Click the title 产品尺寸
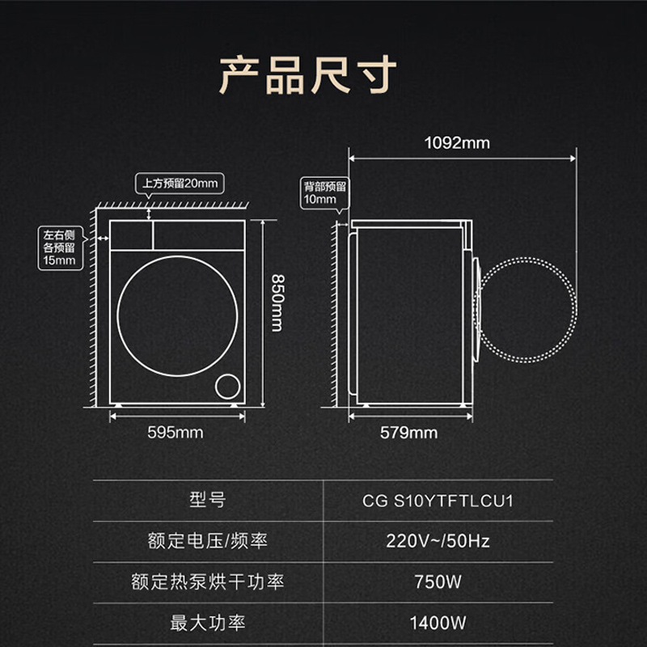tap(307, 75)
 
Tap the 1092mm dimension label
tap(457, 143)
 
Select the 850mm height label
tap(277, 303)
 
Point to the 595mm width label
tap(175, 433)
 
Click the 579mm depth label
tap(408, 433)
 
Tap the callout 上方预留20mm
tap(180, 184)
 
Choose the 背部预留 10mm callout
tap(325, 193)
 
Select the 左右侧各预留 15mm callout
tap(60, 248)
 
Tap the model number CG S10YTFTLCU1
tap(438, 501)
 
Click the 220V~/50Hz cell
tap(438, 541)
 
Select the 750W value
tap(438, 581)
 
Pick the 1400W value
tap(438, 623)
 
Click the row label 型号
tap(208, 500)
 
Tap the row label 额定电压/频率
tap(208, 541)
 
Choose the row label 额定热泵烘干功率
tap(208, 581)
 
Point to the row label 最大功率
tap(208, 623)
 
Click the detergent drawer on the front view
tap(131, 235)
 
